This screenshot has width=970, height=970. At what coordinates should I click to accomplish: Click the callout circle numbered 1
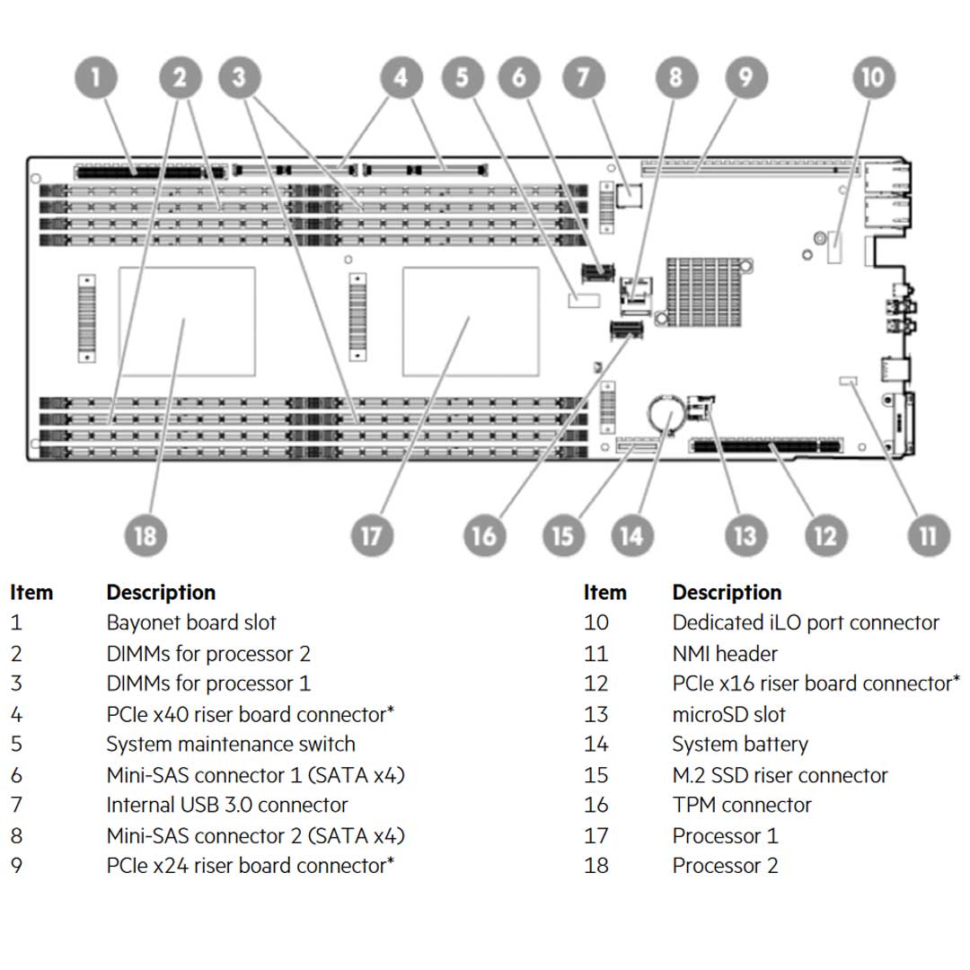pos(96,78)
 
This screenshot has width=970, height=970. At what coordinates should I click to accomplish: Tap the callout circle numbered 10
pos(871,78)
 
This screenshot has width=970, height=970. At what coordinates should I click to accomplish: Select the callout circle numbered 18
pos(145,536)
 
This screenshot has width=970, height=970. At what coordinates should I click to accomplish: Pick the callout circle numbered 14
pos(631,536)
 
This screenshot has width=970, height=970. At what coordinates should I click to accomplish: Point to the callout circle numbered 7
pos(584,78)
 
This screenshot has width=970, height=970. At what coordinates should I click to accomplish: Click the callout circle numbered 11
pos(927,536)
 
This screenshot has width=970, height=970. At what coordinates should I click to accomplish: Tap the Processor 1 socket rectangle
pos(471,322)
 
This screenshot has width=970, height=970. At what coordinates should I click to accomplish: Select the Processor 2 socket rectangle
pos(187,322)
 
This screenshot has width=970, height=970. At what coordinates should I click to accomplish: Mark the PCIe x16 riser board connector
pos(766,445)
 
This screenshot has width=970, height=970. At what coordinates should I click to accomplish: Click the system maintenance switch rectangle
pos(583,299)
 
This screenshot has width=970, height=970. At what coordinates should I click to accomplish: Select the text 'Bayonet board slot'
pos(190,622)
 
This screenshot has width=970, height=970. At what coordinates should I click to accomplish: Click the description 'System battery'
pos(739,745)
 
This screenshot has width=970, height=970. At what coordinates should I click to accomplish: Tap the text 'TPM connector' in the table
pos(741,805)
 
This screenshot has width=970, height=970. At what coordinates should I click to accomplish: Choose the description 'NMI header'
pos(724,653)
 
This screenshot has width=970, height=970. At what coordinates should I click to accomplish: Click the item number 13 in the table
pos(595,714)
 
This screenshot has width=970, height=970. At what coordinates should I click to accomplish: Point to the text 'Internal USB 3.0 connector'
pos(226,805)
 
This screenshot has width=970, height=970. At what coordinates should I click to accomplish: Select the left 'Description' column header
pos(161,593)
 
